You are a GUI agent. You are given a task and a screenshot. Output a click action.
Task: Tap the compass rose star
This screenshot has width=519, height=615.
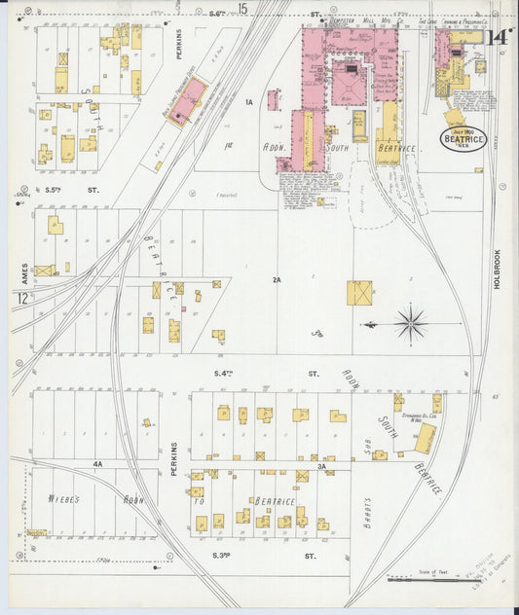[x=411, y=322]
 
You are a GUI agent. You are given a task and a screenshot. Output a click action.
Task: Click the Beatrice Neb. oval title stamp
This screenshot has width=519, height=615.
[x=463, y=139]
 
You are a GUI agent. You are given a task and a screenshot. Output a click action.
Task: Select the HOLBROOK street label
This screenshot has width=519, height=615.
[x=509, y=273]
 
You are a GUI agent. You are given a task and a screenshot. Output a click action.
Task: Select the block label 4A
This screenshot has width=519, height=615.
[x=97, y=464]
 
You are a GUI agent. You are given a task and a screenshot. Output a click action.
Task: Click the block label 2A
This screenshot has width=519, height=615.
[x=277, y=279]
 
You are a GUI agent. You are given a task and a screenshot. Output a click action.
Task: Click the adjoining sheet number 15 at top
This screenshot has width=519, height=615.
[x=241, y=9]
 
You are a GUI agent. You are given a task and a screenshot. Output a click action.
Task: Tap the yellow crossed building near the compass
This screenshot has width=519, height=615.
[x=359, y=293]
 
